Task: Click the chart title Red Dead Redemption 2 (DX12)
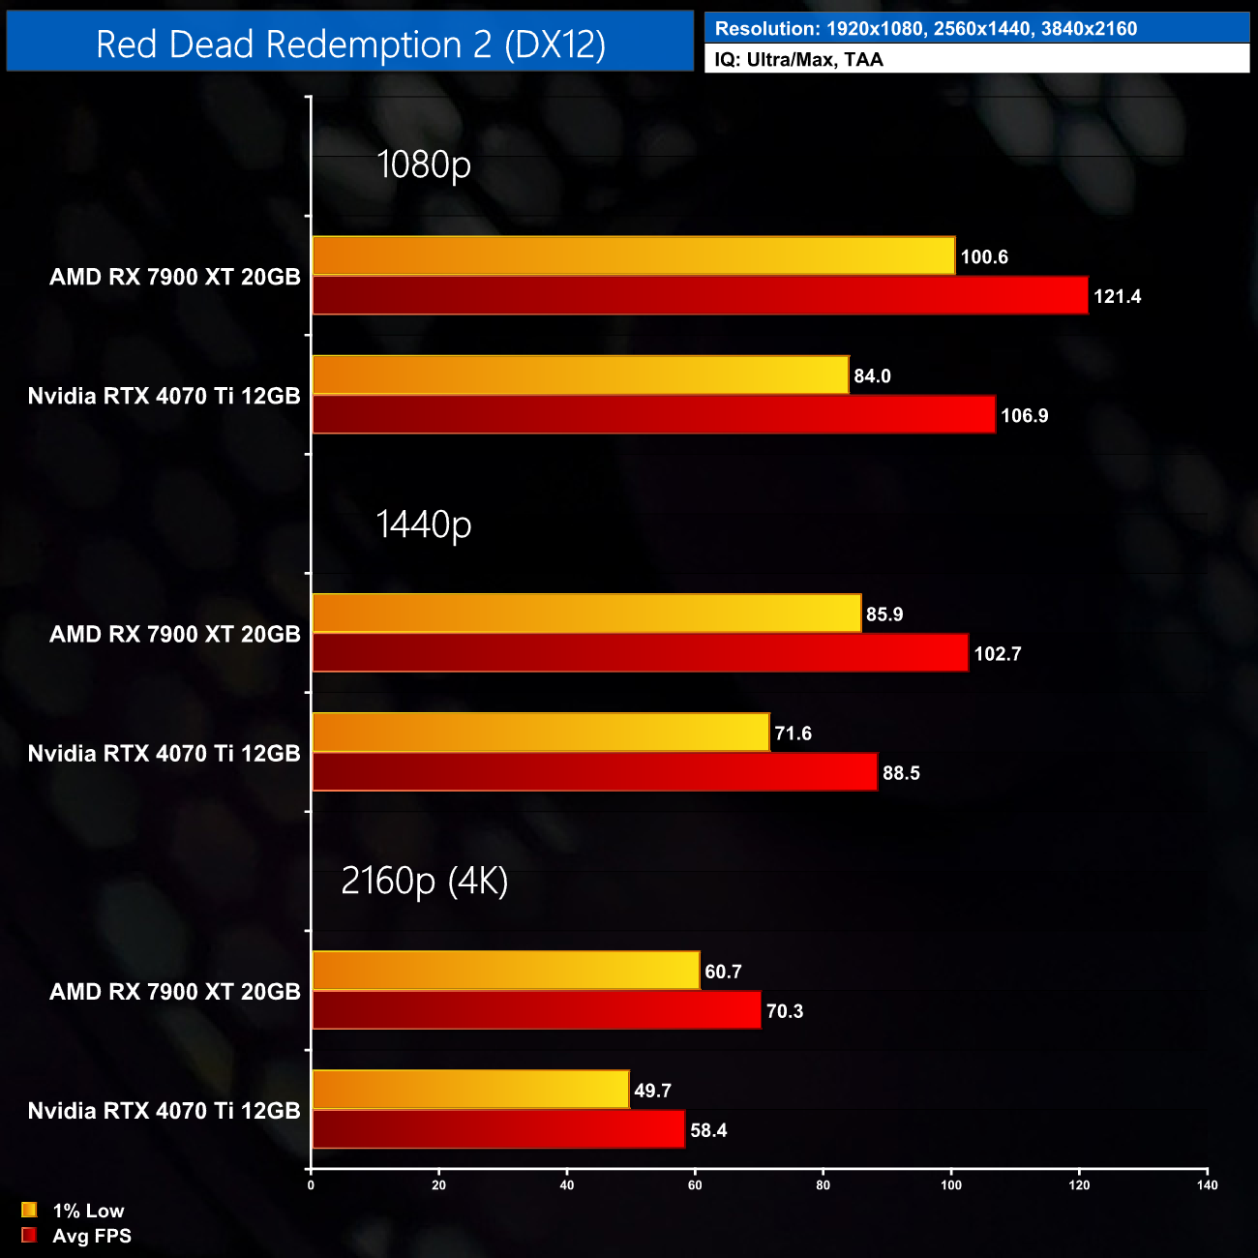[350, 45]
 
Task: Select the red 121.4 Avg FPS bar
[700, 295]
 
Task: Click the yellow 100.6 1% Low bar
[633, 255]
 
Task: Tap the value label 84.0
[872, 376]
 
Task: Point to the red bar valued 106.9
[653, 414]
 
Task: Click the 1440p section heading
[423, 524]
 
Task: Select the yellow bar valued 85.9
[586, 614]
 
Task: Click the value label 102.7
[997, 654]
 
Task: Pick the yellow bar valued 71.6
[540, 733]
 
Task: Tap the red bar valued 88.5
[594, 772]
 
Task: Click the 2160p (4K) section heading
[424, 881]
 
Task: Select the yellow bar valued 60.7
[505, 971]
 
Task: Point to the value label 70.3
[784, 1011]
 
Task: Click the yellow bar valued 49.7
[470, 1090]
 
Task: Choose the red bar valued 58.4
[498, 1129]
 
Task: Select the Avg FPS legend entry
[76, 1236]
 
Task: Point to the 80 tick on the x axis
[823, 1185]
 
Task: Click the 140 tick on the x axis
[1207, 1185]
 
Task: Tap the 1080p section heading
[423, 165]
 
